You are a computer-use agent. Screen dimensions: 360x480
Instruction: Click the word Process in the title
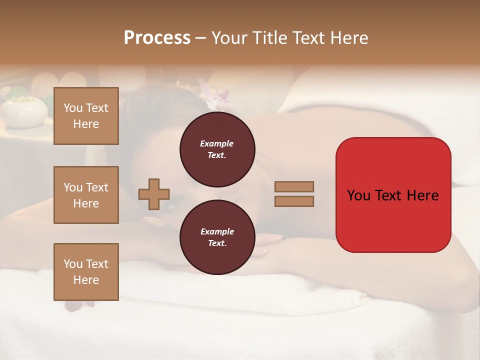(x=157, y=38)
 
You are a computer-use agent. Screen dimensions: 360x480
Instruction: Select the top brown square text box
(x=86, y=116)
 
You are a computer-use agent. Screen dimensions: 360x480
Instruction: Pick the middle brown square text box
(x=86, y=195)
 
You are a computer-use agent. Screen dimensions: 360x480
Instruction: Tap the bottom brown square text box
(x=86, y=272)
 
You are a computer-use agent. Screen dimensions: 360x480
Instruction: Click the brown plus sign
(x=154, y=194)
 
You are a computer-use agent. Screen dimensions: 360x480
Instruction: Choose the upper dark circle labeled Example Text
(x=217, y=149)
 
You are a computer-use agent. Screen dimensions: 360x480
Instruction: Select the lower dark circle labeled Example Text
(x=217, y=237)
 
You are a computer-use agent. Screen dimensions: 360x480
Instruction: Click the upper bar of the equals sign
(x=294, y=186)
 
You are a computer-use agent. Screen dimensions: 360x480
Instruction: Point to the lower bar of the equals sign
(x=294, y=201)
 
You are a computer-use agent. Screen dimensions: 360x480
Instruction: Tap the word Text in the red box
(x=387, y=195)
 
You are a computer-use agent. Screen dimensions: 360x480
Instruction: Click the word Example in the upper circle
(x=217, y=143)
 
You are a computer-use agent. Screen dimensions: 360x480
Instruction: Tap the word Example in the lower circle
(x=217, y=231)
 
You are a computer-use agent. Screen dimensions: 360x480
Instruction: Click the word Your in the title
(x=229, y=38)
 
